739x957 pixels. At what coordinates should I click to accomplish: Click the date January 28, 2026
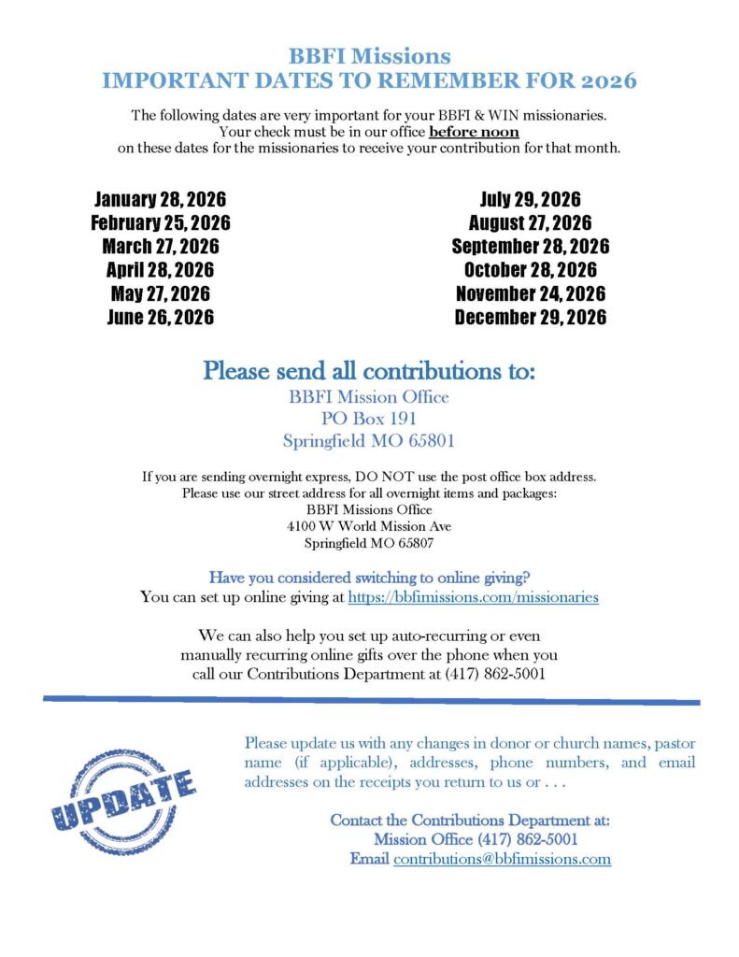click(x=160, y=199)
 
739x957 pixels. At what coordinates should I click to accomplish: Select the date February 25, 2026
click(x=160, y=222)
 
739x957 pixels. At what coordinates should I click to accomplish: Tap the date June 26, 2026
click(x=160, y=318)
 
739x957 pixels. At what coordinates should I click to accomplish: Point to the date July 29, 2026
click(x=530, y=199)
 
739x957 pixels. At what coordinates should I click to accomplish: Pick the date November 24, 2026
click(x=530, y=293)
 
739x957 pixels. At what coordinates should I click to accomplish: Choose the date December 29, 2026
click(x=530, y=318)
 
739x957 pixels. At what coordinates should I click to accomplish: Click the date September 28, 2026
click(x=530, y=247)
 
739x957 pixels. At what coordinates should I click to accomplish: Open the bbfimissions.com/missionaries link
click(x=473, y=596)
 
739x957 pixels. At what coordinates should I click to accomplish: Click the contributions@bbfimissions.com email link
click(x=502, y=859)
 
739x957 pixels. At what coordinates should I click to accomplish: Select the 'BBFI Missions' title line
click(x=369, y=56)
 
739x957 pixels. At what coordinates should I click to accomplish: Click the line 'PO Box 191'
click(x=369, y=418)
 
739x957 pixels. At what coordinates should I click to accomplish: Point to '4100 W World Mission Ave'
click(x=369, y=526)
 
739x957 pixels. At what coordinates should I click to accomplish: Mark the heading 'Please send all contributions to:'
click(x=369, y=370)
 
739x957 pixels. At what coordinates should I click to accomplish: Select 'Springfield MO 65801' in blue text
click(x=369, y=439)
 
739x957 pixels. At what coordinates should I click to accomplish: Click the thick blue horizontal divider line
click(x=371, y=700)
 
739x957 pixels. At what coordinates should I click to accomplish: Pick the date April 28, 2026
click(x=160, y=270)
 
